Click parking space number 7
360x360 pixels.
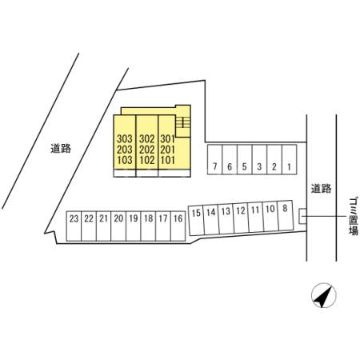pos(214,160)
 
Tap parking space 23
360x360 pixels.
pos(74,226)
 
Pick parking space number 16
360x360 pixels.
pos(178,226)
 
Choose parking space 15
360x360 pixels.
pos(196,220)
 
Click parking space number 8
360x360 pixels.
pos(286,215)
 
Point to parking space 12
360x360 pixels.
pos(241,218)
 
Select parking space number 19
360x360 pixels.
pos(134,226)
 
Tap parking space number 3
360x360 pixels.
pos(259,160)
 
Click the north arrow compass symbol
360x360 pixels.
pos(324,295)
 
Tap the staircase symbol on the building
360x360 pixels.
pos(183,122)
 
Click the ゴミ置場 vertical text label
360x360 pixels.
pos(354,216)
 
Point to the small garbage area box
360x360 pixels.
pos(302,216)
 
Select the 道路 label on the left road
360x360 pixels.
pos(61,149)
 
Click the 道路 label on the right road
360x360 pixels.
pos(321,189)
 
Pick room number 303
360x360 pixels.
pos(125,138)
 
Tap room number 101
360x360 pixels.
pos(167,160)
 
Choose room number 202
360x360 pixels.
pos(146,150)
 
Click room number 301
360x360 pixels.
pos(167,138)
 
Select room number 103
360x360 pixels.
pos(125,160)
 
